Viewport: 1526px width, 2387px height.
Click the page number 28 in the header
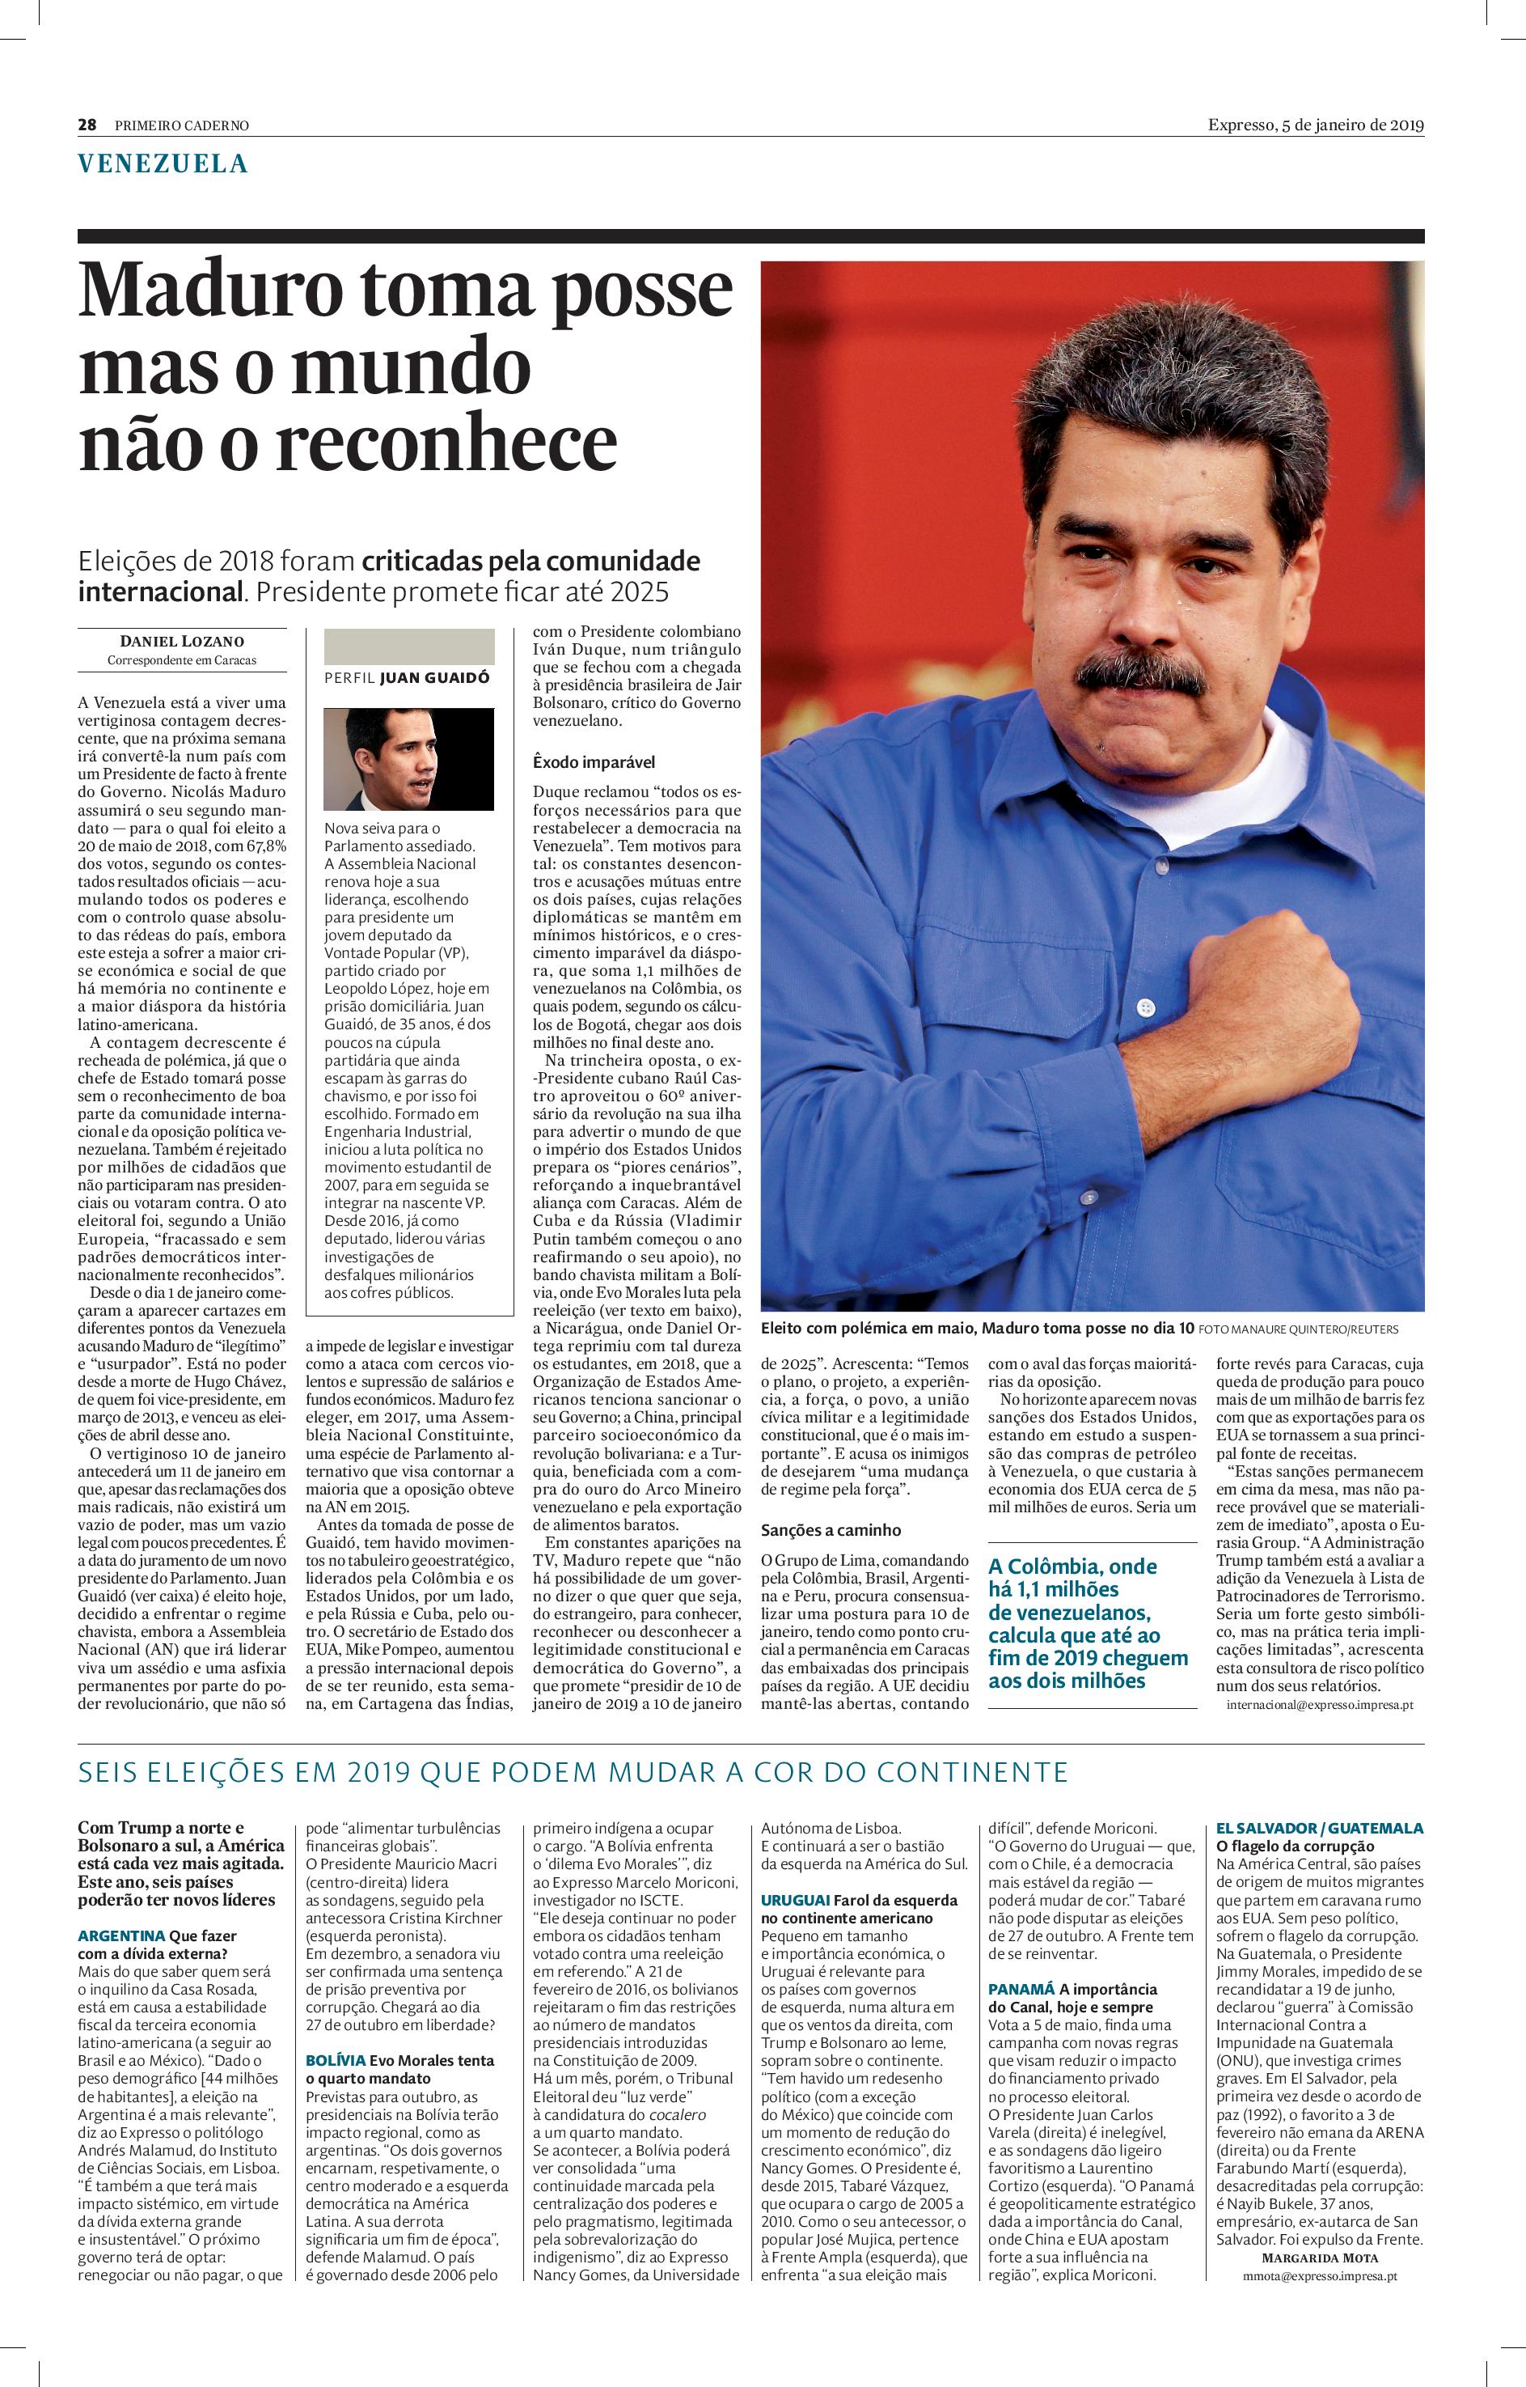(x=87, y=125)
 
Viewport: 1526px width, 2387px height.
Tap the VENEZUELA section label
(x=163, y=163)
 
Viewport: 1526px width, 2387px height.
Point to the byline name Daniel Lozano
(x=181, y=642)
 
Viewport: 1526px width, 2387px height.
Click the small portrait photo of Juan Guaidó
(x=405, y=759)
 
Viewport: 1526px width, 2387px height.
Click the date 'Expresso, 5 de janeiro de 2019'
(x=1315, y=125)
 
